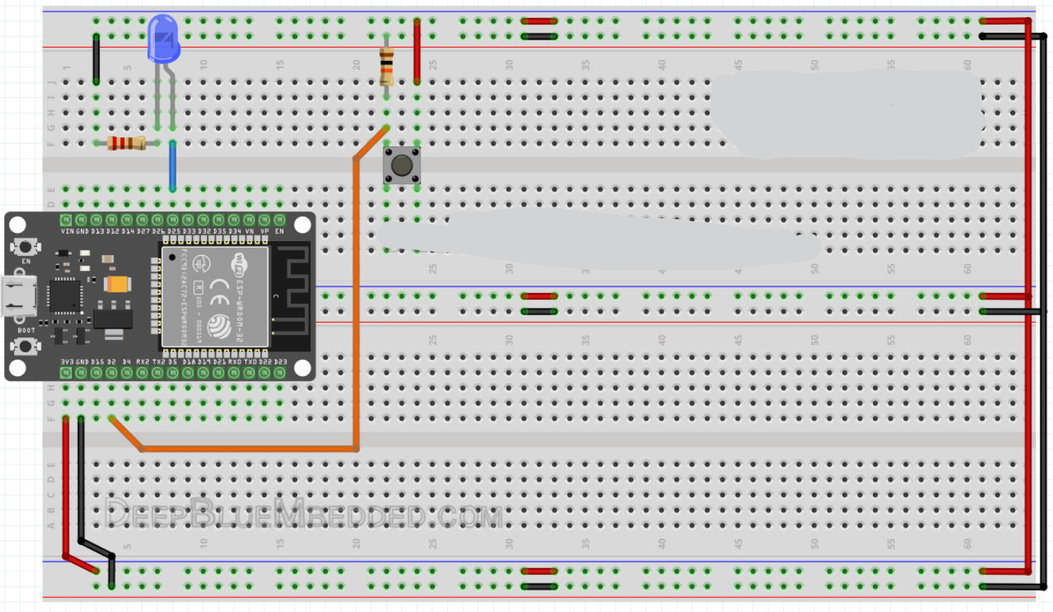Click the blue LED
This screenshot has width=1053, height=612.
pyautogui.click(x=163, y=39)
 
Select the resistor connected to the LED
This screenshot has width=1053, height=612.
pyautogui.click(x=126, y=143)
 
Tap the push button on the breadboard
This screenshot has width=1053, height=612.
pyautogui.click(x=401, y=165)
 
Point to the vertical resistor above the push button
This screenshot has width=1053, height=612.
pyautogui.click(x=386, y=66)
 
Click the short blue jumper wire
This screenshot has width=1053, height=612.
pyautogui.click(x=172, y=166)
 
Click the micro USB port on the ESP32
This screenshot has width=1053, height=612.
pyautogui.click(x=19, y=295)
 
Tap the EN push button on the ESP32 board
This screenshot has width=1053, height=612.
pyautogui.click(x=26, y=247)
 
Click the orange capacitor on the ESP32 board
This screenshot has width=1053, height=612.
pyautogui.click(x=118, y=284)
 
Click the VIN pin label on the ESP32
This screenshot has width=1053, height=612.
pyautogui.click(x=67, y=231)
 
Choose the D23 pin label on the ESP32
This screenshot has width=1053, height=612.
pyautogui.click(x=280, y=362)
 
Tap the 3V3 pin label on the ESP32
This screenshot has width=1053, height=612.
pyautogui.click(x=67, y=362)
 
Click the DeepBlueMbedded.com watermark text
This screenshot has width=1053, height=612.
pyautogui.click(x=304, y=513)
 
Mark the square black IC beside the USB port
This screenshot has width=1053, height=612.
pyautogui.click(x=65, y=295)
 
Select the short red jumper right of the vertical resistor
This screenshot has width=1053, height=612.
pyautogui.click(x=417, y=52)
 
